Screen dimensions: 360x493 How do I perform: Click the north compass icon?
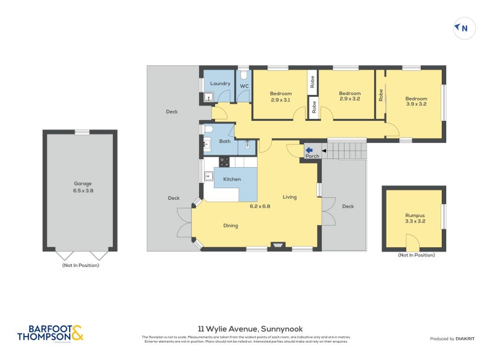tap(464, 28)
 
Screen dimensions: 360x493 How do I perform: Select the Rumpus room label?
tap(415, 215)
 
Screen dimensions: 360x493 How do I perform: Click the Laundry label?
tap(220, 83)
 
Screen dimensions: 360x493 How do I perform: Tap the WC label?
tap(244, 86)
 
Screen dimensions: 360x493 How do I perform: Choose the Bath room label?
tap(225, 141)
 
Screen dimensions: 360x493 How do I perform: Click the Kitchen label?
tap(232, 179)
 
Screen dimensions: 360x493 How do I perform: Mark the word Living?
tap(290, 197)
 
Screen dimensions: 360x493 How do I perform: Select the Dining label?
tap(230, 226)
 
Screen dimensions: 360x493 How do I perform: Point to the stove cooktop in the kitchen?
tap(224, 162)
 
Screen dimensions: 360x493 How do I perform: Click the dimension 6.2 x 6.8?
tap(260, 206)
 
